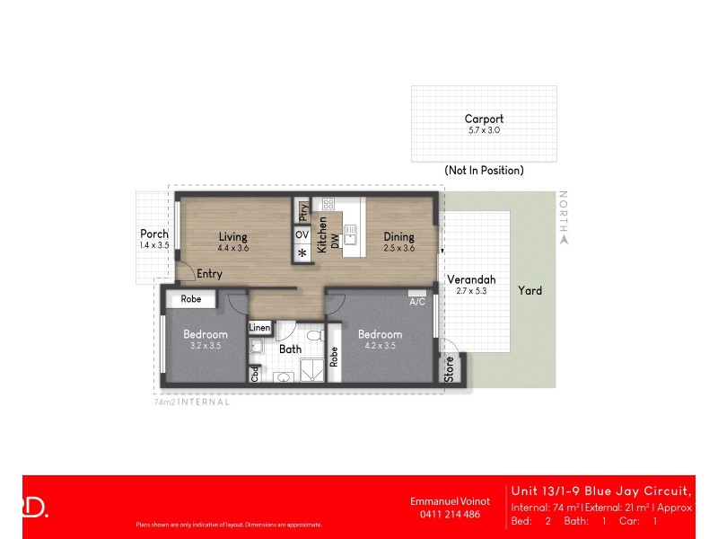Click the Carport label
[x=484, y=119]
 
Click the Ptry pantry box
[x=303, y=212]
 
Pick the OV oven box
[x=302, y=235]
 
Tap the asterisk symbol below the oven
[x=302, y=254]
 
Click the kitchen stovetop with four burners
[x=328, y=204]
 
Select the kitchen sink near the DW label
[x=351, y=237]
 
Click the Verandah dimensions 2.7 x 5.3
[x=471, y=291]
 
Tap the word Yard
[x=530, y=291]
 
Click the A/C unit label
[x=417, y=302]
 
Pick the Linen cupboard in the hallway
[x=259, y=328]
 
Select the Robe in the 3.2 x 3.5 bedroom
[x=191, y=299]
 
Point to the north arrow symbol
[x=564, y=239]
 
